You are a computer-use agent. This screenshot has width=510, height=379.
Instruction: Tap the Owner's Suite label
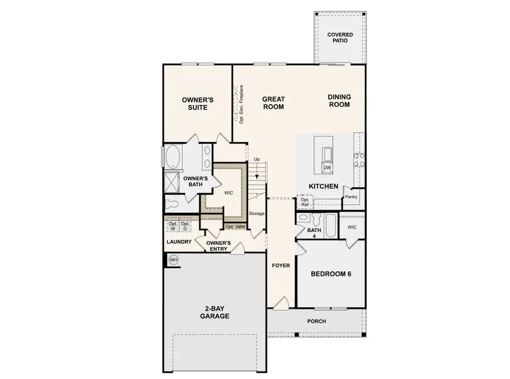197,104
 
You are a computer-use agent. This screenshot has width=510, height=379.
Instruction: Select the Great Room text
273,102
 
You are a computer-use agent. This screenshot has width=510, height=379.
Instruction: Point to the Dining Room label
339,101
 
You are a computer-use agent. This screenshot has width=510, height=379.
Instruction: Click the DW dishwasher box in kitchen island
326,168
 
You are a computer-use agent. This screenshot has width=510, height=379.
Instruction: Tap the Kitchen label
323,186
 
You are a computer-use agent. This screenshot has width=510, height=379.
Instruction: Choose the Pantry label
351,197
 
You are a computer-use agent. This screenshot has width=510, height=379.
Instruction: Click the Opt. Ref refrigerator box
305,203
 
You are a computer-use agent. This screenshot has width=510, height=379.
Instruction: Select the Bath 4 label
314,233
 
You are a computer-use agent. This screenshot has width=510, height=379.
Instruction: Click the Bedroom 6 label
331,274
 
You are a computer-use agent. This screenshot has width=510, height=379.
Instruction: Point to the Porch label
316,321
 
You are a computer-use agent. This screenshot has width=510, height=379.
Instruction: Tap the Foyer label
280,265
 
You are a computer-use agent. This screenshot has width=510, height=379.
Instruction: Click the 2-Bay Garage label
214,312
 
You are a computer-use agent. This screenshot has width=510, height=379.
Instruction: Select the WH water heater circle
173,260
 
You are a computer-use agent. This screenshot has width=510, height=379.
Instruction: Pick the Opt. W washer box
173,226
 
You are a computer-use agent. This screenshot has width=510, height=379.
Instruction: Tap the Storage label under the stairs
257,213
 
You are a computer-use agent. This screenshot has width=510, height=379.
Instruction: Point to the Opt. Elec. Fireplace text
241,104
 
